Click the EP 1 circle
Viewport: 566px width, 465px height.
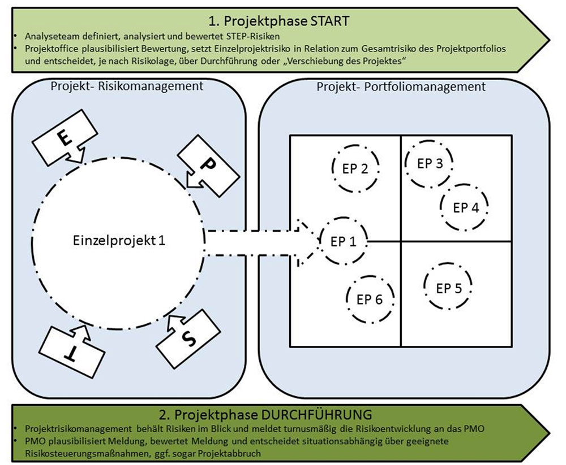[x=343, y=241]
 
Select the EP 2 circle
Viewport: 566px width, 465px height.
[x=355, y=168]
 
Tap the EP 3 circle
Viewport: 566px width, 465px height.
[x=430, y=163]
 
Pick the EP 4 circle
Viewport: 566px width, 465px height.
[x=465, y=207]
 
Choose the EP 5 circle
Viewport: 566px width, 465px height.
[x=448, y=288]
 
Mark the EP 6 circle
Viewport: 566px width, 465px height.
[x=370, y=299]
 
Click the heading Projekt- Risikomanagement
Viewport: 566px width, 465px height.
[x=126, y=87]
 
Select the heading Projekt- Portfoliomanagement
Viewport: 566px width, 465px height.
[x=401, y=87]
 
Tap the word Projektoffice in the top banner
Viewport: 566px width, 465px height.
[x=45, y=49]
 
